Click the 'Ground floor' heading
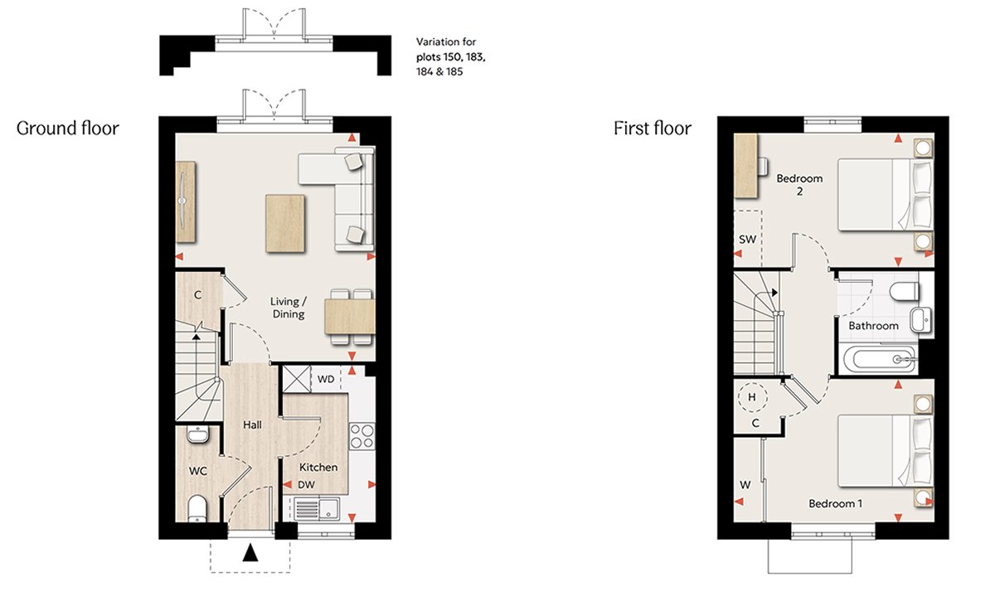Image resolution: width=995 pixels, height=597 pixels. [67, 129]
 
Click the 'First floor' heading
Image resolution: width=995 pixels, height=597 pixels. [652, 129]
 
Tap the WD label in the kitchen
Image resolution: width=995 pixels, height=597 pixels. [326, 380]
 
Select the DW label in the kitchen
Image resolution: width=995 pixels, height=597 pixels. [306, 484]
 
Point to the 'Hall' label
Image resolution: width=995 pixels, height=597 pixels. [252, 425]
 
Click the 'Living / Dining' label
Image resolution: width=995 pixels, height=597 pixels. [289, 308]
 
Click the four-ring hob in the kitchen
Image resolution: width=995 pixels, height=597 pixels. [362, 437]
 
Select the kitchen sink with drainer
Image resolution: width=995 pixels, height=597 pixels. [316, 509]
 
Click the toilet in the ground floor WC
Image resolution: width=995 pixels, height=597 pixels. [197, 509]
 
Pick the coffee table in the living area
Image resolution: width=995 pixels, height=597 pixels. [285, 223]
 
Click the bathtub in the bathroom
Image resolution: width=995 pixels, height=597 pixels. [880, 359]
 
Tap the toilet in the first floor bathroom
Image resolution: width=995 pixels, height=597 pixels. [905, 291]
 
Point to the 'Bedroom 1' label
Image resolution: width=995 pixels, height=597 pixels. [835, 504]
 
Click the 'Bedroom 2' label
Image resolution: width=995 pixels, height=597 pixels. [799, 185]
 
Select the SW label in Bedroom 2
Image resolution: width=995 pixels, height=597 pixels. [747, 240]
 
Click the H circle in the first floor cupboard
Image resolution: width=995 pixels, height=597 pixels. [752, 396]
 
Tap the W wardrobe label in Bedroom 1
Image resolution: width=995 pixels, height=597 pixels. [745, 484]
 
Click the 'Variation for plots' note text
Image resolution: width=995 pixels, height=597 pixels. [450, 56]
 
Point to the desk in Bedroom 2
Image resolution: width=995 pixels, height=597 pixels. [746, 166]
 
